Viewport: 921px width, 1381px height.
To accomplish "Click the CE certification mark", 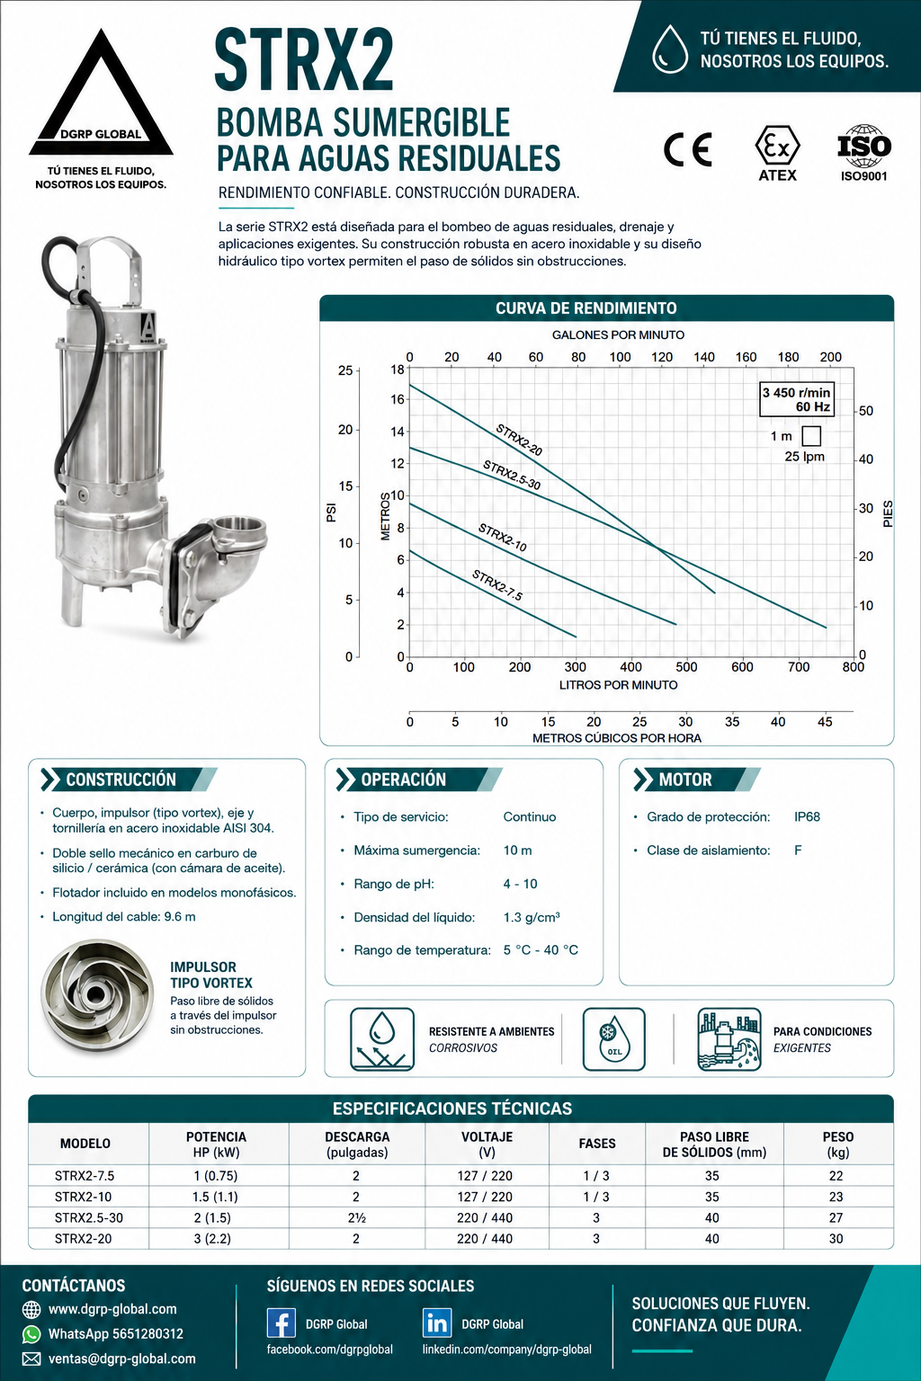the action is [687, 149].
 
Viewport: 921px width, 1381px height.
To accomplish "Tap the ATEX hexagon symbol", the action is [777, 147].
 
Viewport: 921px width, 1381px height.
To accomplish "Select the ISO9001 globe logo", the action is [863, 147].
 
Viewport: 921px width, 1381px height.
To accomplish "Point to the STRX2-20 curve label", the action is [519, 441].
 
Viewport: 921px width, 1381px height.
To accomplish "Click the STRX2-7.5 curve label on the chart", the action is [497, 585].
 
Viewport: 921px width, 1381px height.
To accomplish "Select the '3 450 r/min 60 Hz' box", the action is [796, 399].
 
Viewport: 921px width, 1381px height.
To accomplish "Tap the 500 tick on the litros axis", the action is [686, 667].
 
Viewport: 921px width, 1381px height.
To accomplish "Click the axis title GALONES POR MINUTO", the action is [618, 334].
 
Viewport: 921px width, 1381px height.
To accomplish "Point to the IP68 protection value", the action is [807, 817].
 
